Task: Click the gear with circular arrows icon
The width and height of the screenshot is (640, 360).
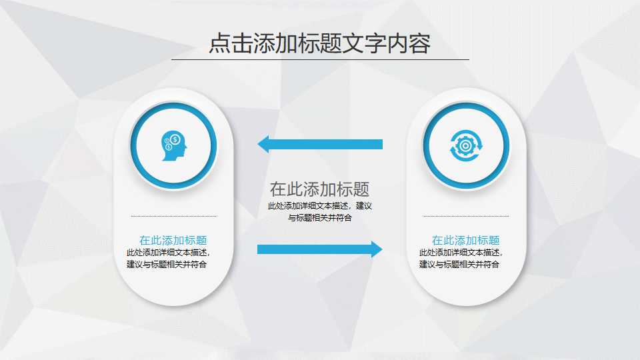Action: (x=466, y=145)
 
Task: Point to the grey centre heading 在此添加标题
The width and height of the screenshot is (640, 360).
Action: (x=319, y=189)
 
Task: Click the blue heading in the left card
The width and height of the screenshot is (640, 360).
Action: (x=173, y=241)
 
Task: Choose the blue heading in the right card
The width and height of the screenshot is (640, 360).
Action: (x=465, y=241)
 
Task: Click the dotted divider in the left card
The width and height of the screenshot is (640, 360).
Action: (x=173, y=216)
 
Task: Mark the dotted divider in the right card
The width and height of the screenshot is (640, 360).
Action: (x=465, y=216)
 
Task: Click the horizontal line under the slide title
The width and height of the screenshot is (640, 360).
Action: (x=320, y=59)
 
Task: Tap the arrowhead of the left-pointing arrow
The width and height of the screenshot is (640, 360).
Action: (x=263, y=144)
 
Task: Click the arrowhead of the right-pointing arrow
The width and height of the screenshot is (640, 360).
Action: (x=377, y=249)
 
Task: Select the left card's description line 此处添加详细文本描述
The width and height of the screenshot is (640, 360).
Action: (x=167, y=253)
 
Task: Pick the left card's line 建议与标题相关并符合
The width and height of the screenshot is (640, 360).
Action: (x=167, y=264)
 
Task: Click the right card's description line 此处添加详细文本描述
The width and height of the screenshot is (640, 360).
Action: (x=460, y=253)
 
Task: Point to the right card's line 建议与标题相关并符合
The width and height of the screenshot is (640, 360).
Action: (x=459, y=264)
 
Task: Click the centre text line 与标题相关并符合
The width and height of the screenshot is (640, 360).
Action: (x=319, y=217)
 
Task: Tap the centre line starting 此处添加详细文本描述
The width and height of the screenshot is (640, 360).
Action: (x=319, y=206)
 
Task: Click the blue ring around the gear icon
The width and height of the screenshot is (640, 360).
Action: (x=466, y=107)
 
